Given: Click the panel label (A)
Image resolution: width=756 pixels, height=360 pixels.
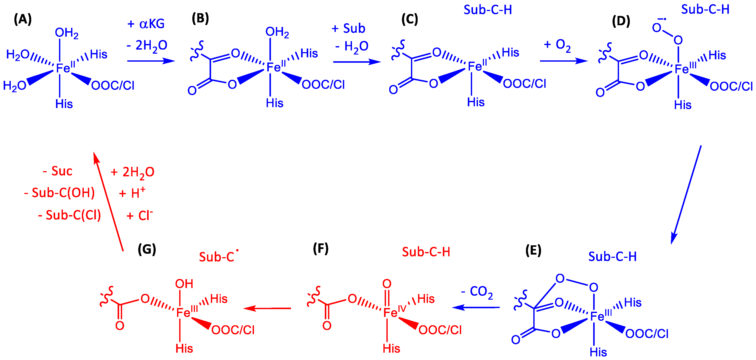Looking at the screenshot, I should tap(23, 20).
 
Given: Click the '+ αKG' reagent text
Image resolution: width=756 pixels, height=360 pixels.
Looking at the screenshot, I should tap(146, 24).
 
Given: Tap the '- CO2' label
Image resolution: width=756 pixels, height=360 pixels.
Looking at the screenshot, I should tap(477, 292).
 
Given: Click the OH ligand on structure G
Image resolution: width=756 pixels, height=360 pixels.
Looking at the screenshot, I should tap(184, 284).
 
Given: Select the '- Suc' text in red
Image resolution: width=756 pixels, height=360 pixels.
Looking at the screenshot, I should tap(58, 171).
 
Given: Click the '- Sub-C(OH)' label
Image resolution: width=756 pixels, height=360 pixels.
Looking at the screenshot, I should tap(60, 193).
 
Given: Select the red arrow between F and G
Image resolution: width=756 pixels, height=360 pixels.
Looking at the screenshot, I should tap(267, 308).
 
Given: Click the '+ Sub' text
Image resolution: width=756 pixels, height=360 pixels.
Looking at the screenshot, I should tap(348, 28).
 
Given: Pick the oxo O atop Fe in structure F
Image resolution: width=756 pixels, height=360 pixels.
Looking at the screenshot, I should tap(387, 284).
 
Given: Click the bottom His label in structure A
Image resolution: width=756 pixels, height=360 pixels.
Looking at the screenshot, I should tap(64, 104).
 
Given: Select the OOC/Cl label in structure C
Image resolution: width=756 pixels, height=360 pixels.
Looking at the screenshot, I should tap(524, 84).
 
